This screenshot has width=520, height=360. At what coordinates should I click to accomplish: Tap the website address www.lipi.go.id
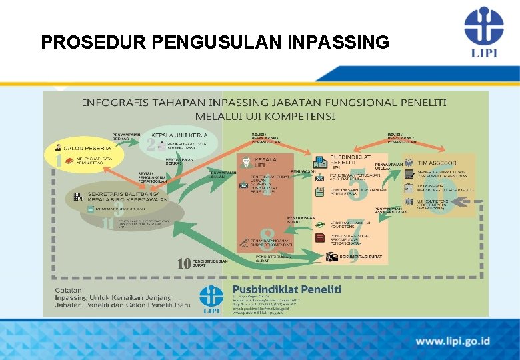[453, 341]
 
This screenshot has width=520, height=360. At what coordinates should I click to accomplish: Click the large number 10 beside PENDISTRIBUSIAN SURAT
[184, 263]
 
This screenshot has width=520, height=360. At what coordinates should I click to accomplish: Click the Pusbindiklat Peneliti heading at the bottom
[287, 289]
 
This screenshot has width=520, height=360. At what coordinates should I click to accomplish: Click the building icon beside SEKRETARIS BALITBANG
[79, 196]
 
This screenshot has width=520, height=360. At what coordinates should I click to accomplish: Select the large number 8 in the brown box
[267, 235]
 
